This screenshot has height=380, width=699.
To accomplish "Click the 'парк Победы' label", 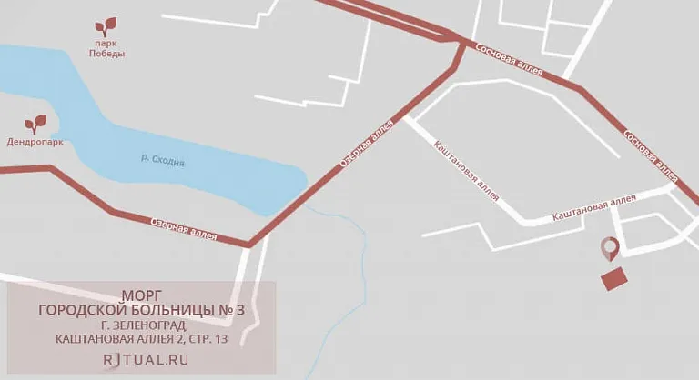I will [x=106, y=48].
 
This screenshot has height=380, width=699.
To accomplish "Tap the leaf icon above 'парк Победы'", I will [x=107, y=26].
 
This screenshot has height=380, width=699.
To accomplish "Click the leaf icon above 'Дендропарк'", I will [x=35, y=123].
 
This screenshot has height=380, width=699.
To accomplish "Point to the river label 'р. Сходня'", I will [x=163, y=160].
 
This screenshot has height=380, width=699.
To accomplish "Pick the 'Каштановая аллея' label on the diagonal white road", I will [x=467, y=168].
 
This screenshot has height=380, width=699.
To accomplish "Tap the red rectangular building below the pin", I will [x=614, y=278].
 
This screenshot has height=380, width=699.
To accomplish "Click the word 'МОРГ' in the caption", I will [x=141, y=295].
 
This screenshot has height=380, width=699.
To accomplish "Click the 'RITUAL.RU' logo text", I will [x=146, y=359].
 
